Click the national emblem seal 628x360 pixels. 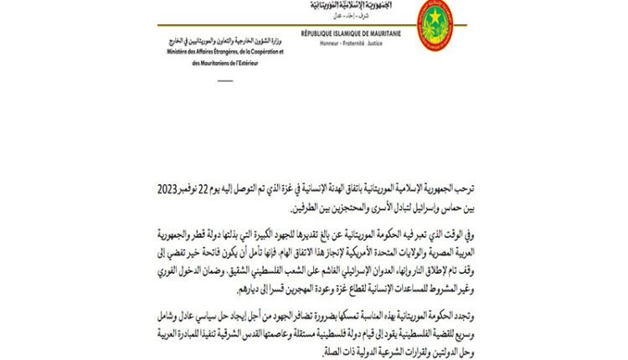tap(436, 25)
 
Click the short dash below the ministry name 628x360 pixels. tap(227, 81)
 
